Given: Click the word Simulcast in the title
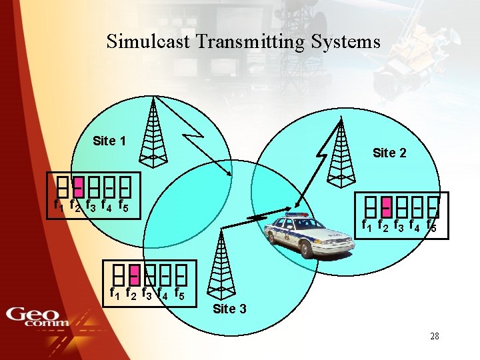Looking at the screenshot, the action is point(148,42).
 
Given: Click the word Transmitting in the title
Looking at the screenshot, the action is point(250,43).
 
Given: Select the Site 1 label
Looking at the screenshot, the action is point(109,141).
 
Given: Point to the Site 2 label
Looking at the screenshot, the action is point(389,153).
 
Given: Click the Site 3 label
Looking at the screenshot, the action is point(229,309).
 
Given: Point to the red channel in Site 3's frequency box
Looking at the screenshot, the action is point(133,273).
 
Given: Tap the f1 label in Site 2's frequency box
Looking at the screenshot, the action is point(367,226).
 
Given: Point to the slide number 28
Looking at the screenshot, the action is point(434,336).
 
